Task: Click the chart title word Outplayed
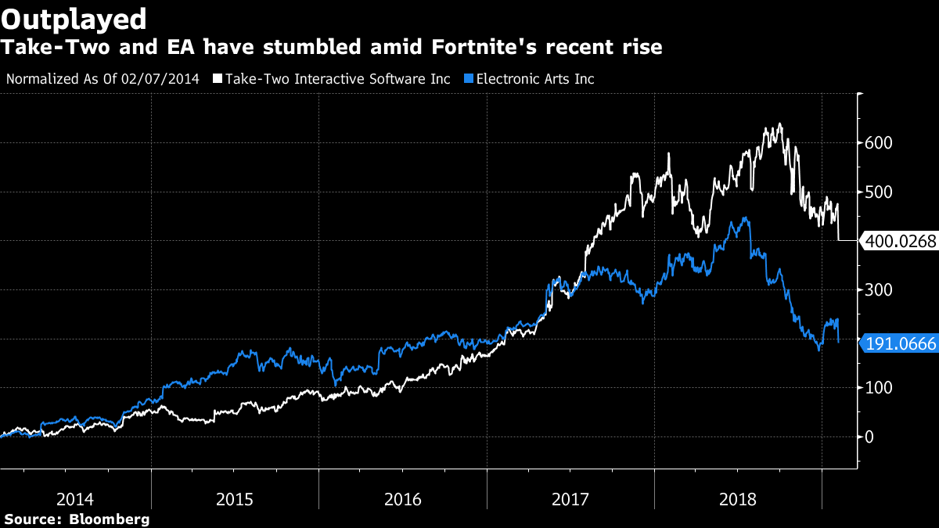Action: (x=74, y=18)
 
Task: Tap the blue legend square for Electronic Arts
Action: (x=469, y=79)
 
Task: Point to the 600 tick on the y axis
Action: (x=878, y=143)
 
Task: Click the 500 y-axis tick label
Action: (x=878, y=192)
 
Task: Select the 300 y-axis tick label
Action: (x=878, y=290)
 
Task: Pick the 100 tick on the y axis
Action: (x=878, y=388)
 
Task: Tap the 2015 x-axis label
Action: (x=236, y=499)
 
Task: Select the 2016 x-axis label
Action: (x=402, y=499)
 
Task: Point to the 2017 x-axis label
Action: (x=570, y=499)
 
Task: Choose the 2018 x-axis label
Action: (x=738, y=499)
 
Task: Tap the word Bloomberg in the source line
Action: (x=109, y=519)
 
